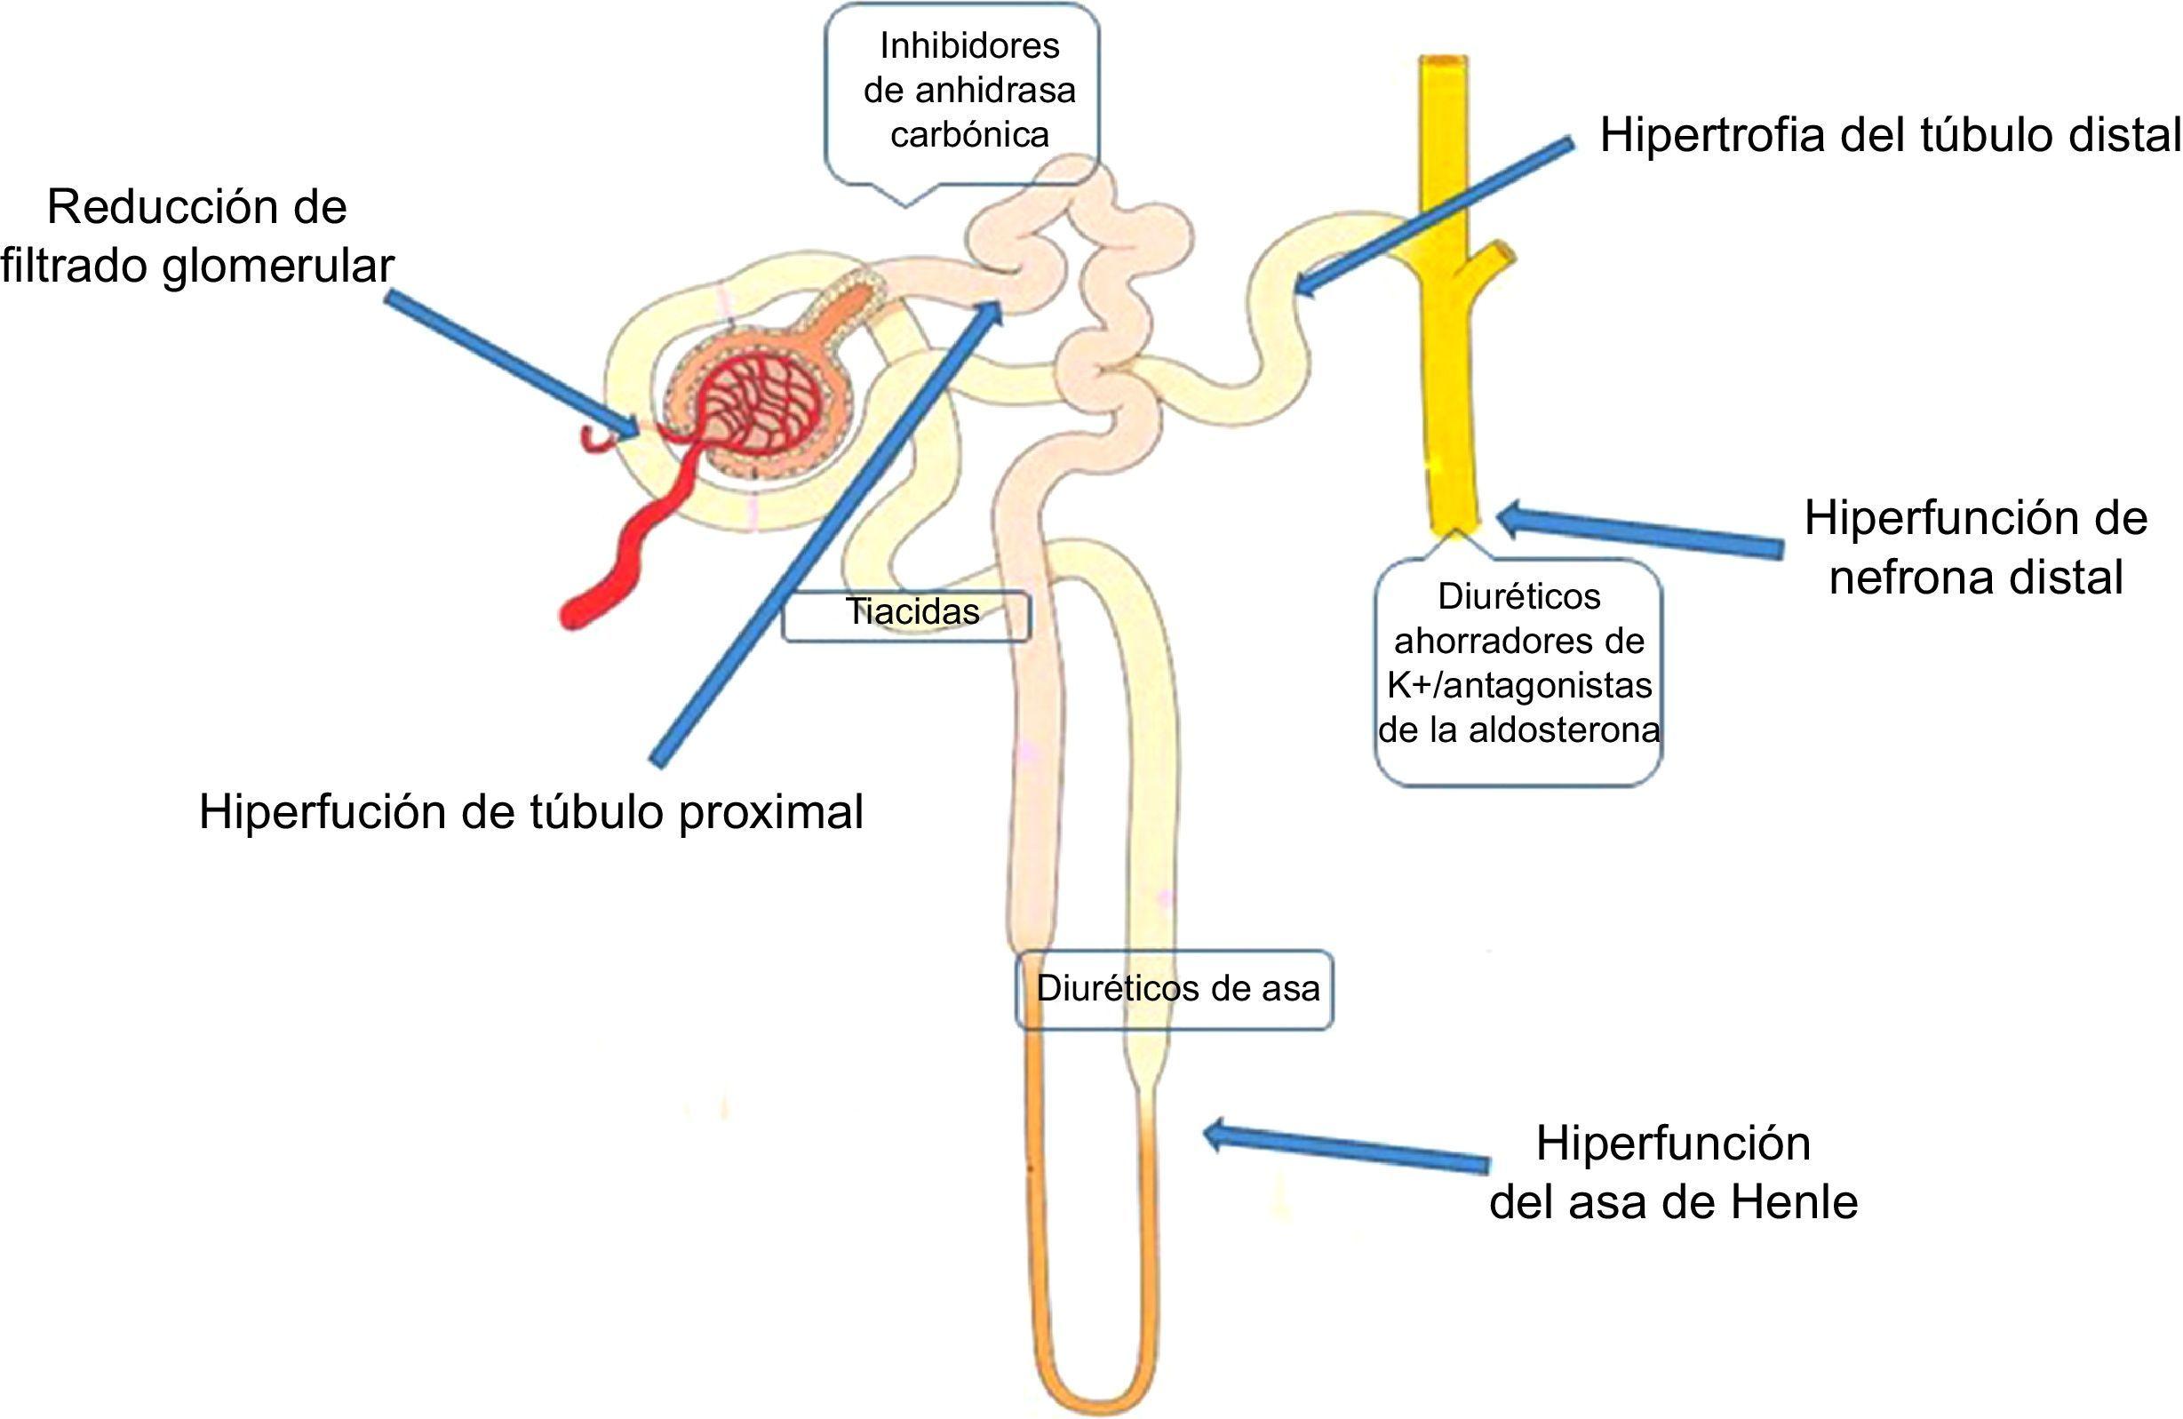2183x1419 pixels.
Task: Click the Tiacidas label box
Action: (906, 615)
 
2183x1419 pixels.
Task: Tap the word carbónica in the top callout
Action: (969, 135)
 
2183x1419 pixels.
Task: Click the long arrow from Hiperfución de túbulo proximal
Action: (825, 534)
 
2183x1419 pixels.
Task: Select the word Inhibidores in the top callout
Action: (969, 46)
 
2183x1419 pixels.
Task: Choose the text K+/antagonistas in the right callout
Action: (1519, 685)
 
